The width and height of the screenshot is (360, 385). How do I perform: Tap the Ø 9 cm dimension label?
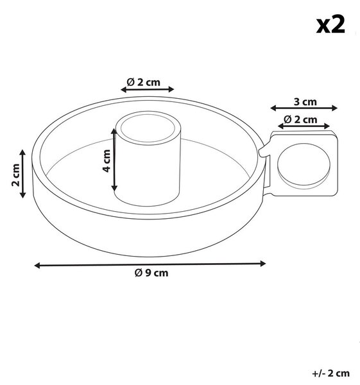(x=151, y=273)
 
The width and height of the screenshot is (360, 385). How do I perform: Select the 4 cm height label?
(x=107, y=160)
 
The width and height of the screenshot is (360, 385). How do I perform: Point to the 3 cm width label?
(x=305, y=101)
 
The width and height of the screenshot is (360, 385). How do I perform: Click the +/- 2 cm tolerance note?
(x=330, y=373)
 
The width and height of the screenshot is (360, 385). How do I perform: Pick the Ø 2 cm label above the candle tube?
(x=143, y=82)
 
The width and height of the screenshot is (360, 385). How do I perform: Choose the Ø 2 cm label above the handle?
(x=300, y=119)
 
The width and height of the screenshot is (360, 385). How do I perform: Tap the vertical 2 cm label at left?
(x=15, y=175)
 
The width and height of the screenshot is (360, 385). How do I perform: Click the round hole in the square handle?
(x=304, y=164)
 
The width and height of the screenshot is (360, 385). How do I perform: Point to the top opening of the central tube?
(x=148, y=128)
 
